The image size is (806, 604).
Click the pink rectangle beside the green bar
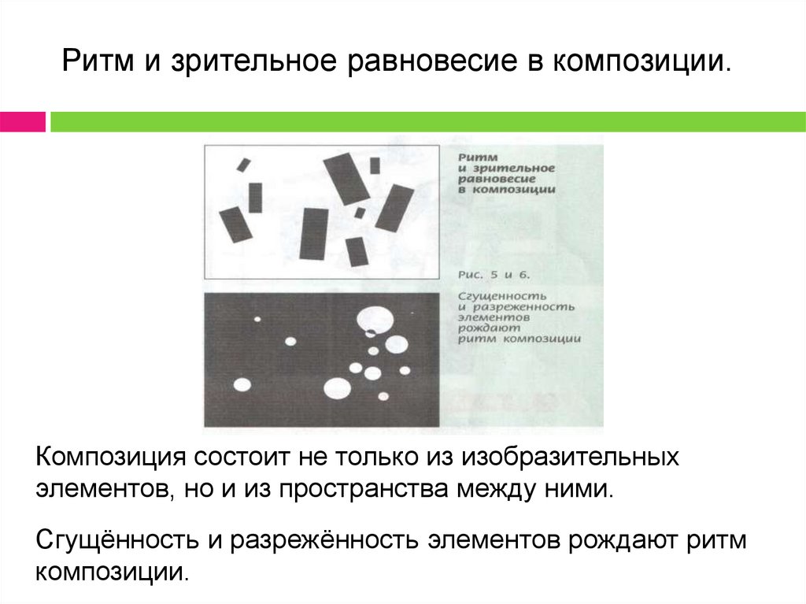pos(23,122)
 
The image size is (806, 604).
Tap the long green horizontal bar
pos(427,122)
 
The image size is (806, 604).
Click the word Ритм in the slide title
pos(98,61)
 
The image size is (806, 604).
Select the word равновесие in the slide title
pos(432,61)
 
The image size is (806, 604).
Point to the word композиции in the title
pos(642,61)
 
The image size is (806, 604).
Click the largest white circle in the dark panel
pos(375,320)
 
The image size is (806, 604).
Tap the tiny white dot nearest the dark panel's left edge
pos(257,320)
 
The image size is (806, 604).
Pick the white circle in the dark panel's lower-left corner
pos(242,384)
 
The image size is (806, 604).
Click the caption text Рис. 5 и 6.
pos(494,275)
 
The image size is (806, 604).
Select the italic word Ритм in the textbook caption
pos(478,157)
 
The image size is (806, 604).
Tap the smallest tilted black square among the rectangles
pos(360,213)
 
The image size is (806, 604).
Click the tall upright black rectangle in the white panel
pos(313,234)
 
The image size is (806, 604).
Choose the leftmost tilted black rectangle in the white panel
pos(236,224)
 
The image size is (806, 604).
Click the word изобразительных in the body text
pos(570,458)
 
